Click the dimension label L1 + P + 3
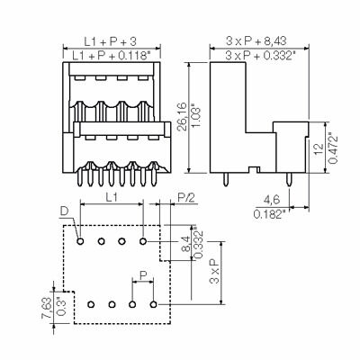[110, 41]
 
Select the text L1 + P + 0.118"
[112, 56]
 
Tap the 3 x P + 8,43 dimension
[256, 41]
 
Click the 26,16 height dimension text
[182, 117]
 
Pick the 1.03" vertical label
[196, 116]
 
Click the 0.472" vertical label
[333, 148]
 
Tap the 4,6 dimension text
[272, 200]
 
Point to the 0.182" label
[269, 214]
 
